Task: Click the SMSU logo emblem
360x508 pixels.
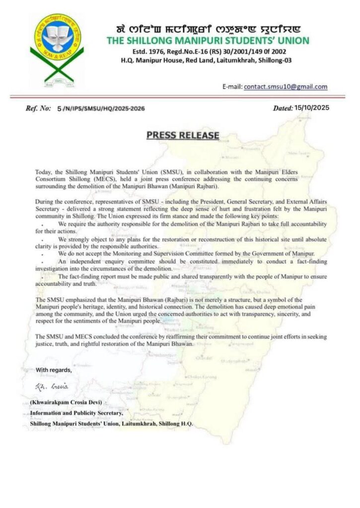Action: click(57, 49)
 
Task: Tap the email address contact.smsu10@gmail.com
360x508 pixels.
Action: click(286, 86)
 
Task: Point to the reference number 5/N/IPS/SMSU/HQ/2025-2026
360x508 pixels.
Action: click(101, 108)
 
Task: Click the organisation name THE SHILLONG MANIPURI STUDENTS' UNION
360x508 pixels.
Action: click(208, 40)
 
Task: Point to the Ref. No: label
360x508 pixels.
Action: click(38, 108)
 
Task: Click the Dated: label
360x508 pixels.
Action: click(287, 108)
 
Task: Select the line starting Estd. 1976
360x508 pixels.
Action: click(207, 51)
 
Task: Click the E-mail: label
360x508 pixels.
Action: click(232, 87)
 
